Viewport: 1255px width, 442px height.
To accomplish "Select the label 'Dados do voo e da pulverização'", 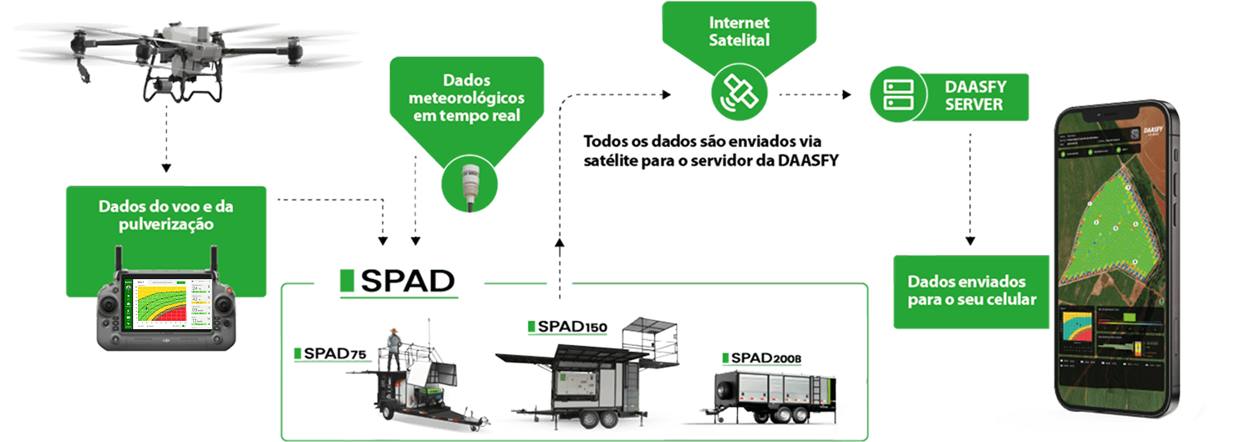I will [165, 216].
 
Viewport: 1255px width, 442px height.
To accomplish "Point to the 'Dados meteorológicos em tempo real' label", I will [466, 97].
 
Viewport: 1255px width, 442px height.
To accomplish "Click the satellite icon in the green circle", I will [735, 93].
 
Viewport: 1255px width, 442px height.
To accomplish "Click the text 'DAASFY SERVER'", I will [973, 95].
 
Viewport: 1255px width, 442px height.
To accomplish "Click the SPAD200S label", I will [761, 358].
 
